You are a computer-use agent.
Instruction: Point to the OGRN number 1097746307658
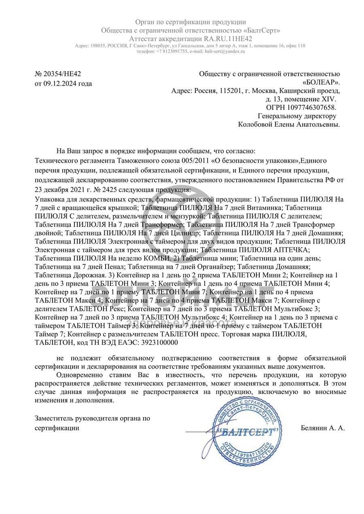point(311,107)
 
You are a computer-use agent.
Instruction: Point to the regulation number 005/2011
point(195,160)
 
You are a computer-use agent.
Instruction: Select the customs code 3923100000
point(158,342)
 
